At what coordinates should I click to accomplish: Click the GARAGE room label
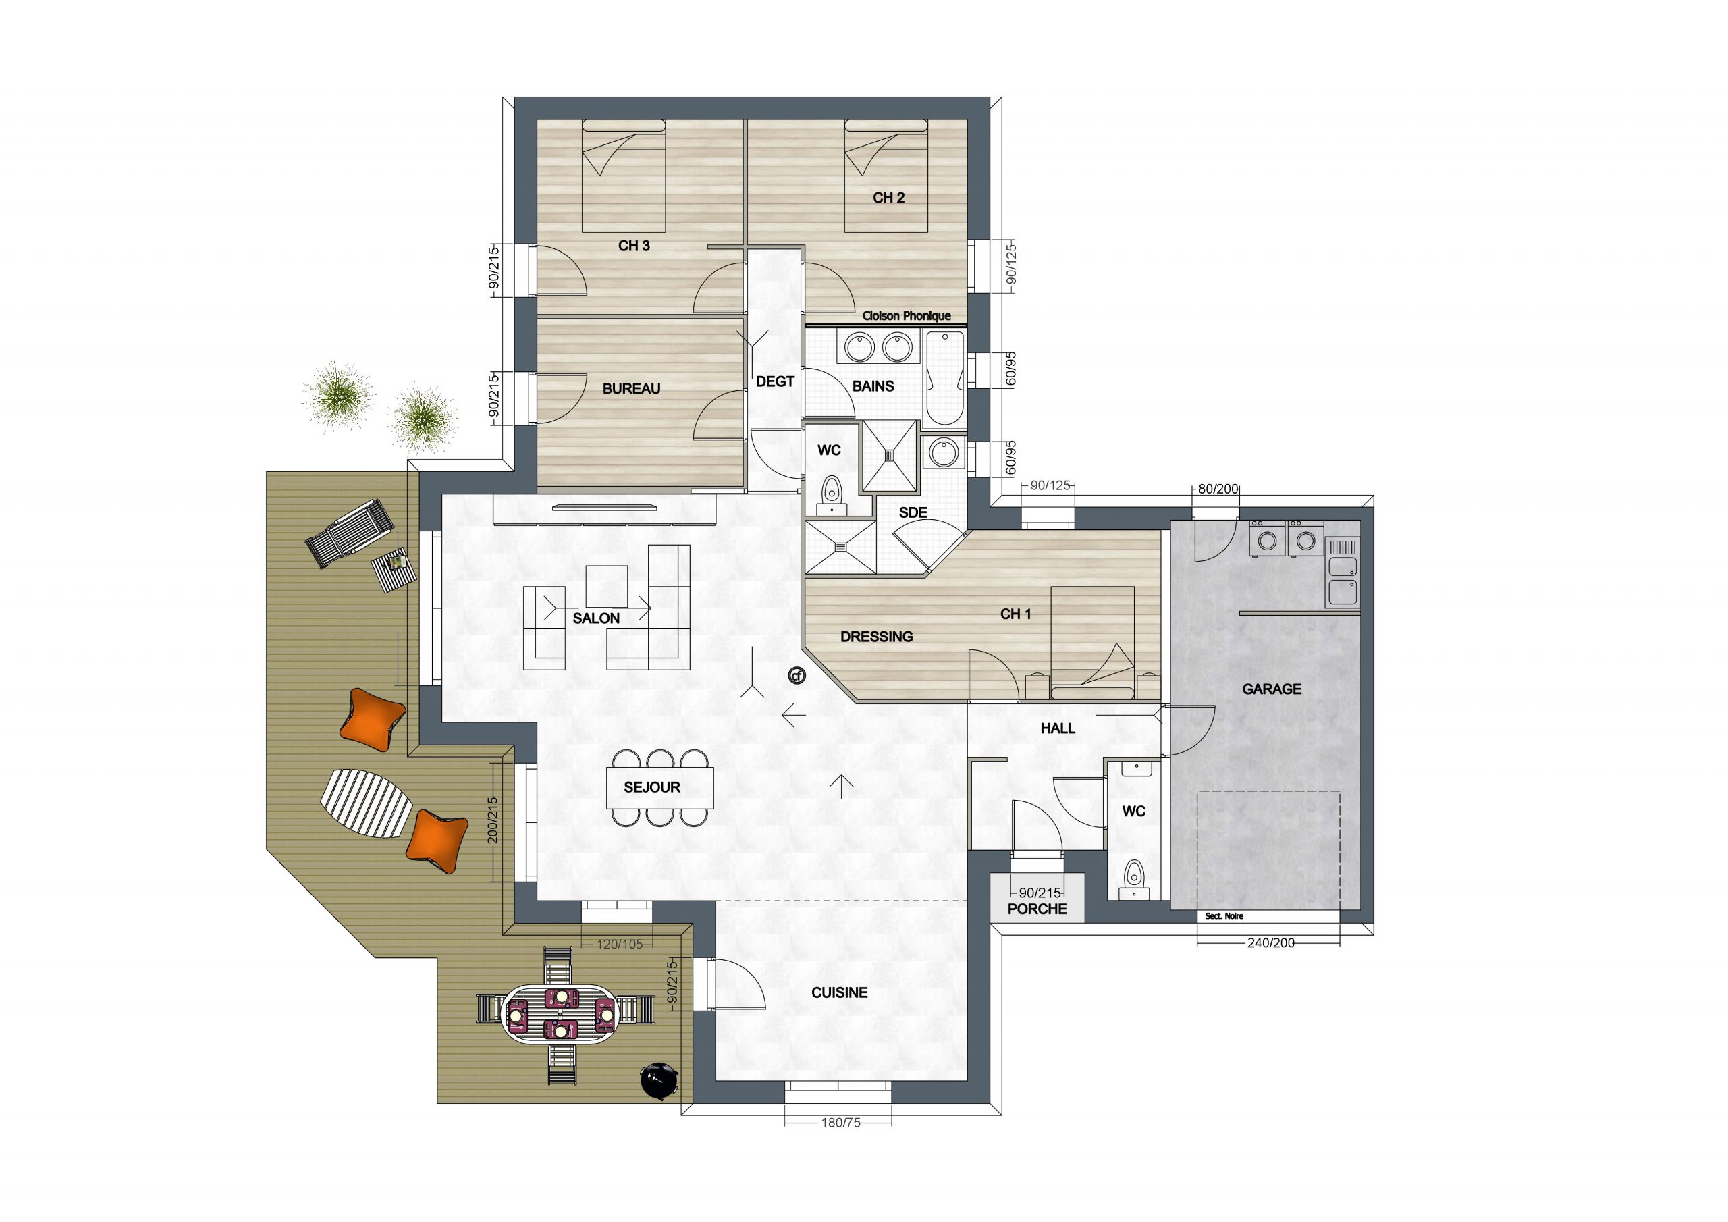(1271, 688)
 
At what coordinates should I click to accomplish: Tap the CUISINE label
(839, 992)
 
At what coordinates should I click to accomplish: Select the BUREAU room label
(631, 388)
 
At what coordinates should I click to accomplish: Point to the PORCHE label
(1037, 909)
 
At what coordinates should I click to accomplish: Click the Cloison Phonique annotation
(906, 315)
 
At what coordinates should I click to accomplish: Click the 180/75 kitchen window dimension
(840, 1144)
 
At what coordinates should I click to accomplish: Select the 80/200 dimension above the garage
(1218, 489)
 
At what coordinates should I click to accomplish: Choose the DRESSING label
(876, 636)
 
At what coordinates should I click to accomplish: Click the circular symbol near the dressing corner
(796, 675)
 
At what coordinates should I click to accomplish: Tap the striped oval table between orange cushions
(367, 804)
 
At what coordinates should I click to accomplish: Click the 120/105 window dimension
(620, 944)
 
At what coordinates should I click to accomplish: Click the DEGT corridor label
(774, 381)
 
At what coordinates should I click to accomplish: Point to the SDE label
(913, 512)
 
